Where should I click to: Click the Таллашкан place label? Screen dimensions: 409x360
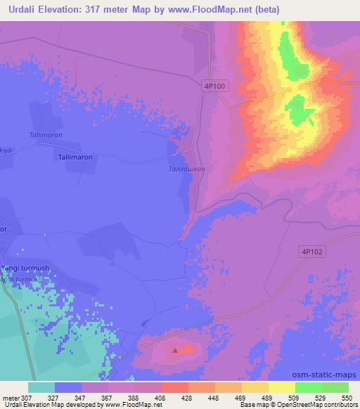click(x=187, y=169)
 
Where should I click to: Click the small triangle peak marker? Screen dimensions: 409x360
click(x=176, y=349)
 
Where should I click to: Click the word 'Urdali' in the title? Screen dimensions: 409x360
click(x=20, y=9)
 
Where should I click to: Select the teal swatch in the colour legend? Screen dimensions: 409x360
click(x=41, y=387)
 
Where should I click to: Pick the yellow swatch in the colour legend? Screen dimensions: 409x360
click(x=281, y=387)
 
